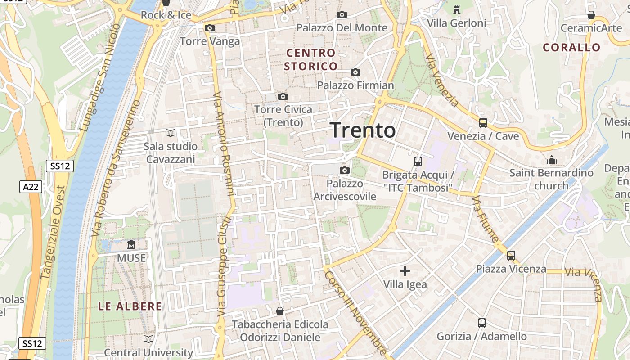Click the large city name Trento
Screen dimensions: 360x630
click(x=363, y=130)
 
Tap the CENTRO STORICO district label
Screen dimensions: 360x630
click(x=311, y=60)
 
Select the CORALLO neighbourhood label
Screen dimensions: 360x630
click(x=571, y=48)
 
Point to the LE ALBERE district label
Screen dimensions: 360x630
click(x=130, y=306)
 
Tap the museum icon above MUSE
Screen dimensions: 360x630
click(x=131, y=245)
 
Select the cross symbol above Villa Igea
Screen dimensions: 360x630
click(x=405, y=271)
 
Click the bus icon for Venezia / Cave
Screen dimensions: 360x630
click(x=483, y=122)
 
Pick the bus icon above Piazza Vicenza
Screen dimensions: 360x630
click(x=511, y=256)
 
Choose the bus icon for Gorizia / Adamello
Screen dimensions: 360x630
click(x=481, y=323)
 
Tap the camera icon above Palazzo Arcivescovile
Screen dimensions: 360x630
click(x=345, y=170)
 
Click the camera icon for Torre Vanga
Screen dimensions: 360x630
click(x=209, y=28)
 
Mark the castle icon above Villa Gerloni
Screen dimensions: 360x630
click(x=457, y=9)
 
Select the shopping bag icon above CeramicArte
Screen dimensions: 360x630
click(x=591, y=15)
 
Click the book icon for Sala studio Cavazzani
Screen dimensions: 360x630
click(x=170, y=133)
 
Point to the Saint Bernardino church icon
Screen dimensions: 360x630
click(x=551, y=160)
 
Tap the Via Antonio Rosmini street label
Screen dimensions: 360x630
click(x=224, y=144)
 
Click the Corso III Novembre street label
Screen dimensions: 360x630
click(x=355, y=313)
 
